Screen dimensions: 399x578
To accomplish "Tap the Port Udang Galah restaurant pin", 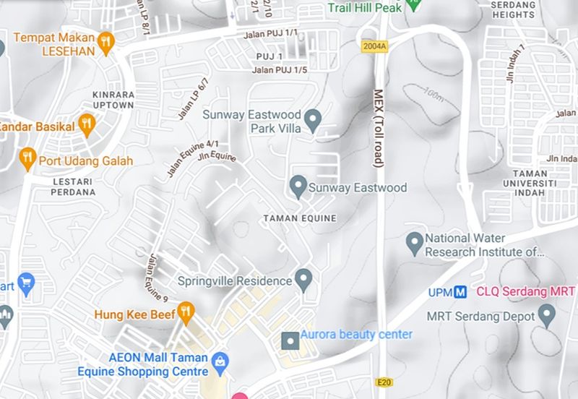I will (27, 157).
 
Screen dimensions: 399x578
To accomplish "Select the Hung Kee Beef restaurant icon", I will (186, 312).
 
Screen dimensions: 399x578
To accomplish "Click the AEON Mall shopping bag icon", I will (221, 361).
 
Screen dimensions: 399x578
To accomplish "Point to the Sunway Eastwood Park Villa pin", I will (313, 119).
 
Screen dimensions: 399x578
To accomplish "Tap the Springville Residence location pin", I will (303, 278).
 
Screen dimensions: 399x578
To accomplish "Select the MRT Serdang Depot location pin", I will (547, 315).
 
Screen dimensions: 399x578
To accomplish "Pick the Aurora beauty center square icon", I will (290, 339).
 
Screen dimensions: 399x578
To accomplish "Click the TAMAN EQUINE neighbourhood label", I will (300, 218).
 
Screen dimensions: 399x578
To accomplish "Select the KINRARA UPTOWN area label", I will (113, 99).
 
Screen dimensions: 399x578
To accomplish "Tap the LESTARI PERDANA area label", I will (74, 186).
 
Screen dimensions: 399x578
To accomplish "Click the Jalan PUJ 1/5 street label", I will (280, 70).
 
